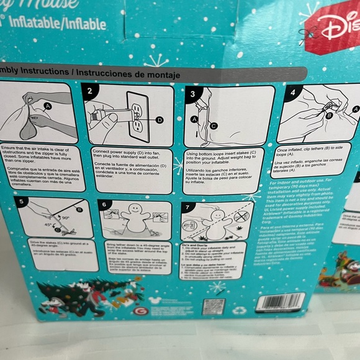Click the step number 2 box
[x=90, y=92]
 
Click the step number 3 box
[x=192, y=94]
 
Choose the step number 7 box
[x=188, y=206]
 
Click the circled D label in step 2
[x=160, y=119]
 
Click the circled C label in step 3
[x=214, y=125]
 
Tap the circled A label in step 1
[x=48, y=106]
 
